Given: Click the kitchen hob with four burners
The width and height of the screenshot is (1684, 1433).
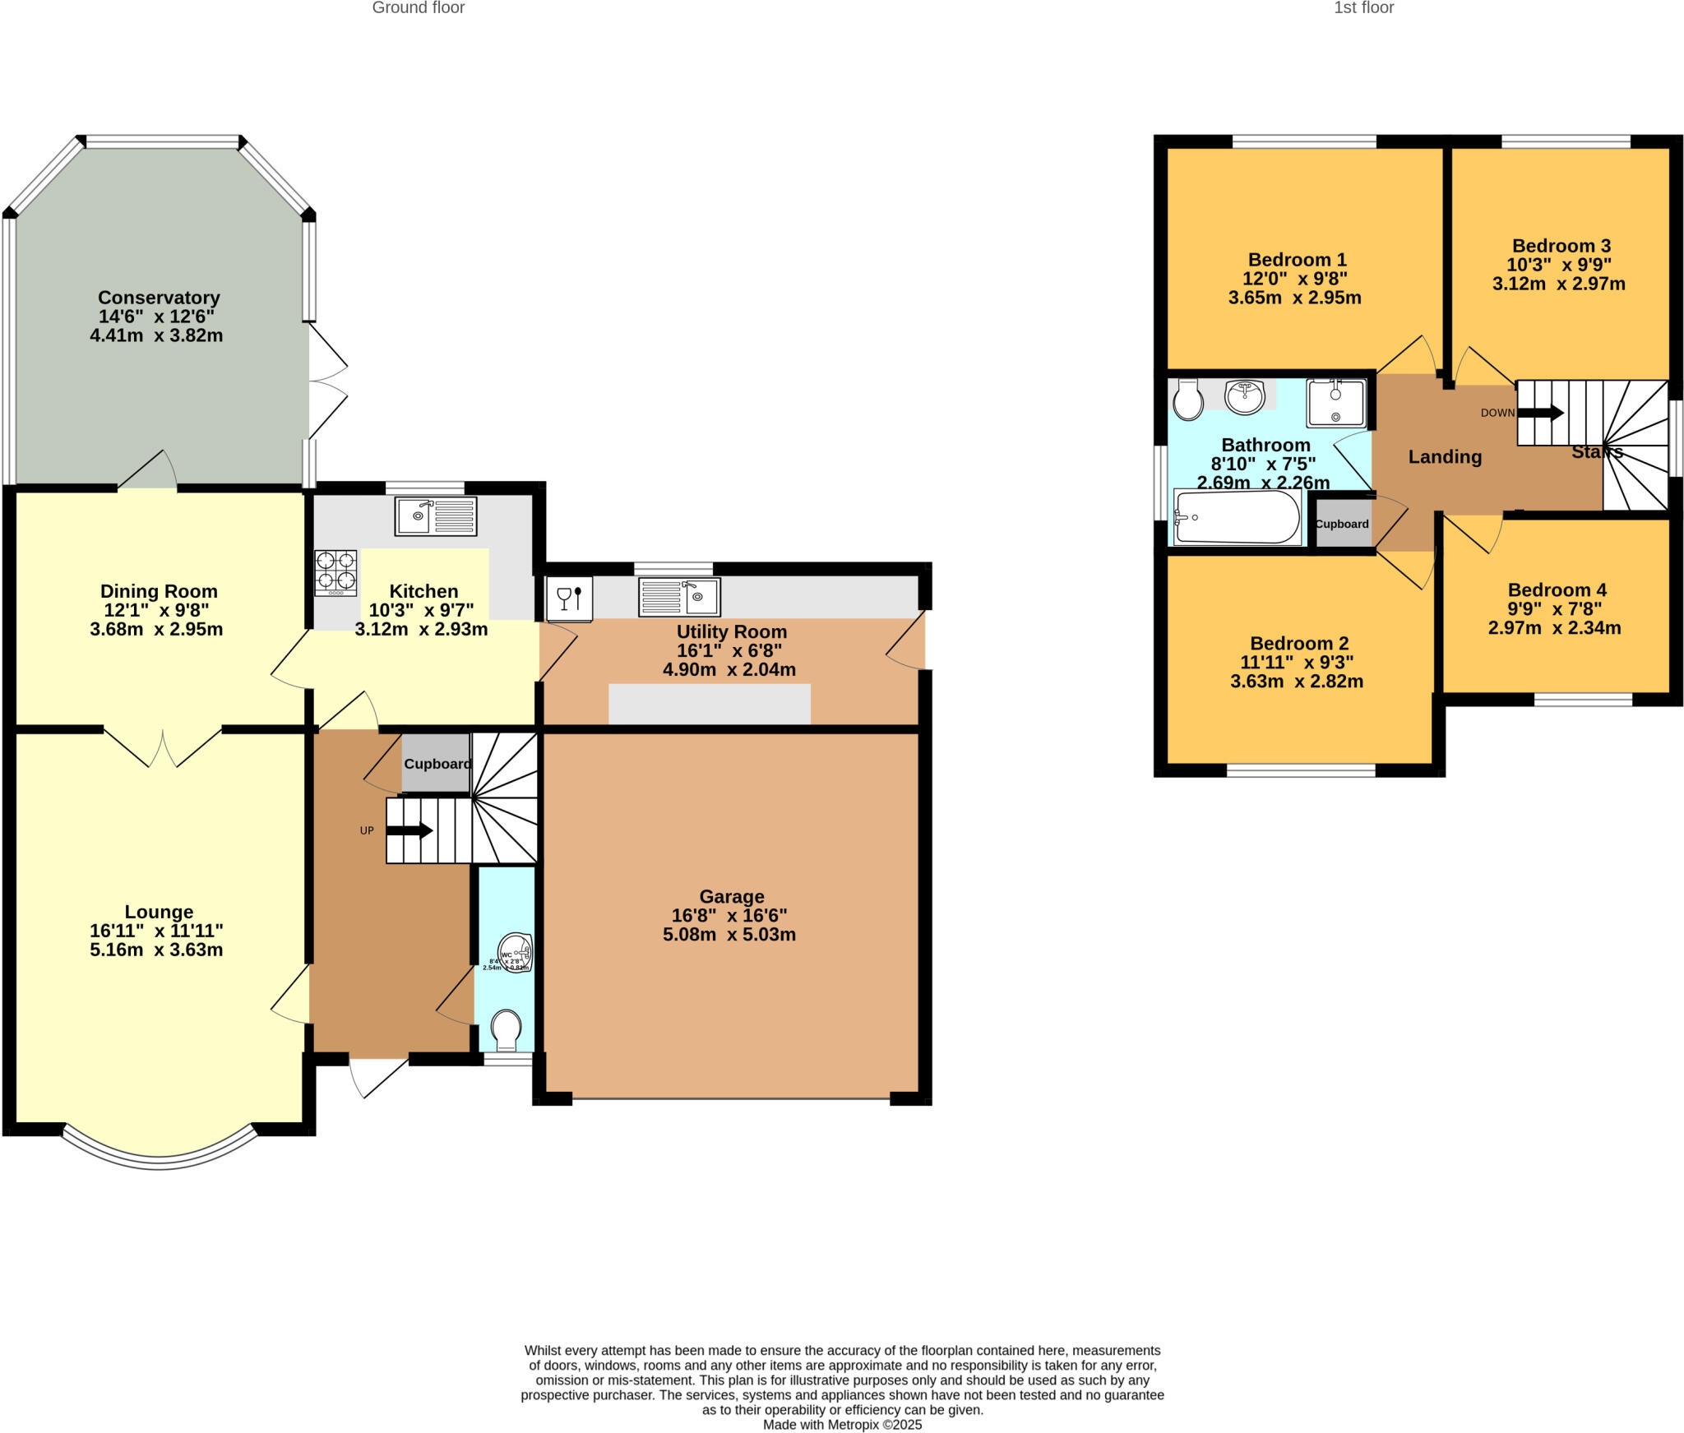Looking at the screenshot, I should [335, 572].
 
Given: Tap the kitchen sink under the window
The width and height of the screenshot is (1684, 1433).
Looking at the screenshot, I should [435, 516].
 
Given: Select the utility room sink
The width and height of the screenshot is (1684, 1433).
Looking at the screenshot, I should [679, 597].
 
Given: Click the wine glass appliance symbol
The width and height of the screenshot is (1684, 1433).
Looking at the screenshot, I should [569, 598].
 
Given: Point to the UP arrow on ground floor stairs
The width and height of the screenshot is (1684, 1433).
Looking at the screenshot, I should [409, 830].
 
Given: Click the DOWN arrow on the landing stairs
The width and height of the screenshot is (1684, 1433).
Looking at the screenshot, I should [1540, 413].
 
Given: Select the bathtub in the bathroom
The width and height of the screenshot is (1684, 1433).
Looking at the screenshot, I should [1237, 517].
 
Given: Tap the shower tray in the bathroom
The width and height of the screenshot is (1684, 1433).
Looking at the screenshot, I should [1335, 403].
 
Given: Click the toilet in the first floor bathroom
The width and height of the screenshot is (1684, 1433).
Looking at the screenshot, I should [1187, 400].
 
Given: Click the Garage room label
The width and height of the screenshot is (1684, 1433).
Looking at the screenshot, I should [731, 896].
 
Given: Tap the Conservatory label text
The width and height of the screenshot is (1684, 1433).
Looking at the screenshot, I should [159, 298].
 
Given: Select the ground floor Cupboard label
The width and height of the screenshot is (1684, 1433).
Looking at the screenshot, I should [437, 764].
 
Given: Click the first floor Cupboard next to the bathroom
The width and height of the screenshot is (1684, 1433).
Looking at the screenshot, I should [1341, 524].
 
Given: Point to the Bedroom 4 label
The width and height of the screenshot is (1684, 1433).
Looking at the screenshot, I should [1557, 589].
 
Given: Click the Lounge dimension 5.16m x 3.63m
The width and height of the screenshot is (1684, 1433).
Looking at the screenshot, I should [156, 950].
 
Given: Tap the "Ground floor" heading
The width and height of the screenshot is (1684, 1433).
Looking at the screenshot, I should [418, 8].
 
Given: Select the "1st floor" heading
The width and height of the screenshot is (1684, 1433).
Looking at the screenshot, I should [1363, 8].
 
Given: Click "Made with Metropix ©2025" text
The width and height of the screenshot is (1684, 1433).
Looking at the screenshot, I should [842, 1425].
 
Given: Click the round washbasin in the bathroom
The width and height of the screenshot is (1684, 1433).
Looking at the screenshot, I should [1244, 397].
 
